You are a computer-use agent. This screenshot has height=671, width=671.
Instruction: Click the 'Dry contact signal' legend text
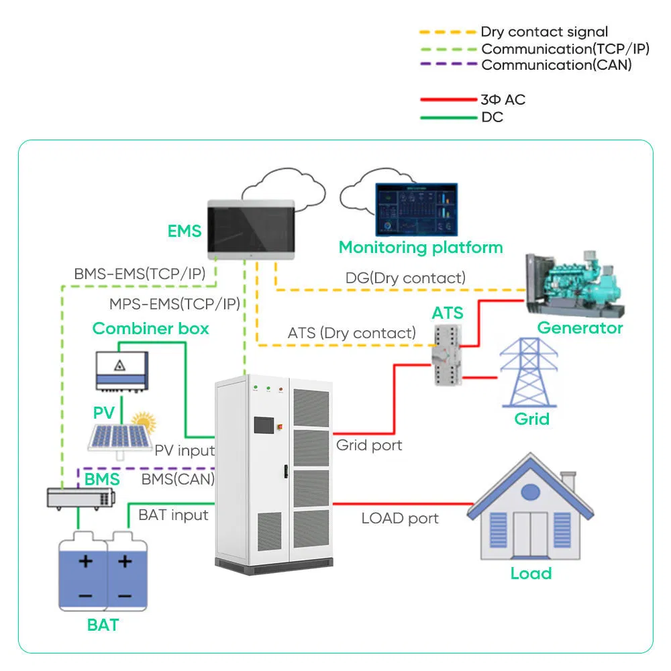pos(544,32)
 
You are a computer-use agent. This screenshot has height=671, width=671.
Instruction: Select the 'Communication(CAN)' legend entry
pos(556,65)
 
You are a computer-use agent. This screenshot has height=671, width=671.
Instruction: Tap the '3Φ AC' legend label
pos(503,99)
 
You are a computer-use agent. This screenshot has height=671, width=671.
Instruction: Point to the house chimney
pos(568,482)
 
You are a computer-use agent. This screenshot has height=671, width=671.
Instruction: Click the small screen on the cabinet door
pos(262,425)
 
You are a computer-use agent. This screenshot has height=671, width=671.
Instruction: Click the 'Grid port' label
pos(369,444)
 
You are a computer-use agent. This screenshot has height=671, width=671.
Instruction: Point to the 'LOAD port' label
pos(400,518)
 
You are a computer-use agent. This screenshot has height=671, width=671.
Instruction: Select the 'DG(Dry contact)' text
pos(405,277)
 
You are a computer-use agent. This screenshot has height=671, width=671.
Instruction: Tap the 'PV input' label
pos(185,450)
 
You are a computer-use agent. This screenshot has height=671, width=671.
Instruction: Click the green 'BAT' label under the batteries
pos(103,625)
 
